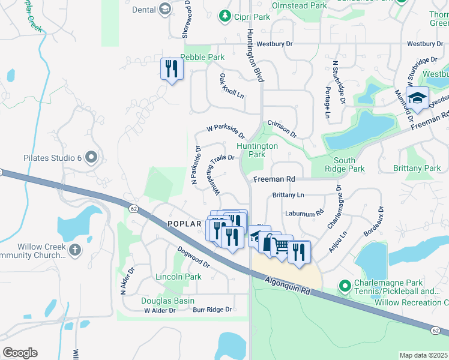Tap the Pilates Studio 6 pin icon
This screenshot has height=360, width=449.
(91, 158)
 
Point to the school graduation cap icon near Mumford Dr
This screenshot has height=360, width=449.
(417, 97)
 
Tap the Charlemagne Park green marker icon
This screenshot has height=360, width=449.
(345, 286)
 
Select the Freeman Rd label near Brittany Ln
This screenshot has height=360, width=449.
(274, 179)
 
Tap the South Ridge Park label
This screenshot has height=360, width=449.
(349, 164)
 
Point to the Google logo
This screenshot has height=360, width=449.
(20, 353)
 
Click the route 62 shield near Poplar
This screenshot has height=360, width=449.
(132, 207)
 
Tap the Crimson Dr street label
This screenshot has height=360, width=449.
(282, 128)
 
